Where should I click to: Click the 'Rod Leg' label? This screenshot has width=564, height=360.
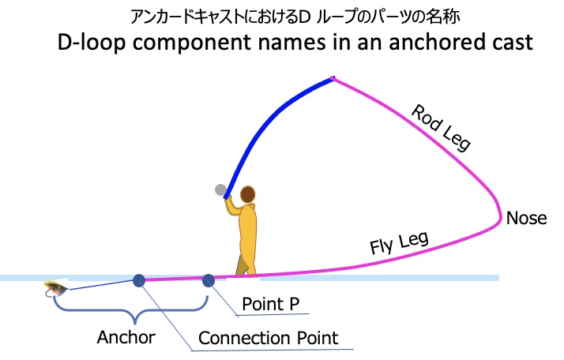[442, 126]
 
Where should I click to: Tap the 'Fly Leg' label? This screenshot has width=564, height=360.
[398, 239]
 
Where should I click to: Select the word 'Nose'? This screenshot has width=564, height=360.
[526, 218]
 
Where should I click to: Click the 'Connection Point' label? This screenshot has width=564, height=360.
[268, 338]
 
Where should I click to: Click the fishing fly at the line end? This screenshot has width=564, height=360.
[55, 290]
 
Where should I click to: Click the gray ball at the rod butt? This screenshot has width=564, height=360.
[220, 189]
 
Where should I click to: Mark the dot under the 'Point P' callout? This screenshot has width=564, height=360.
[209, 279]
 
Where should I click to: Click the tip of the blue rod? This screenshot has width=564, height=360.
[333, 78]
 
